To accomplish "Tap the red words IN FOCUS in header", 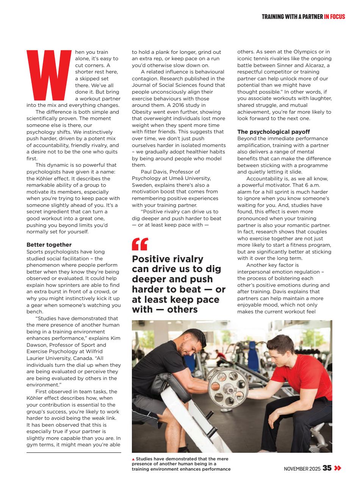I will click(335, 17).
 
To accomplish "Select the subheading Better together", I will click(49, 245).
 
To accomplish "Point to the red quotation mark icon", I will click(140, 244).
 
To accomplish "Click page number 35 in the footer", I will click(327, 468).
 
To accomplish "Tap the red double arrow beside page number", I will click(337, 468).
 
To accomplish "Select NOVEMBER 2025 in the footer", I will click(302, 469).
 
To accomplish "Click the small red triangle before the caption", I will click(133, 459).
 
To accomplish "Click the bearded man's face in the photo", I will click(187, 346).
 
